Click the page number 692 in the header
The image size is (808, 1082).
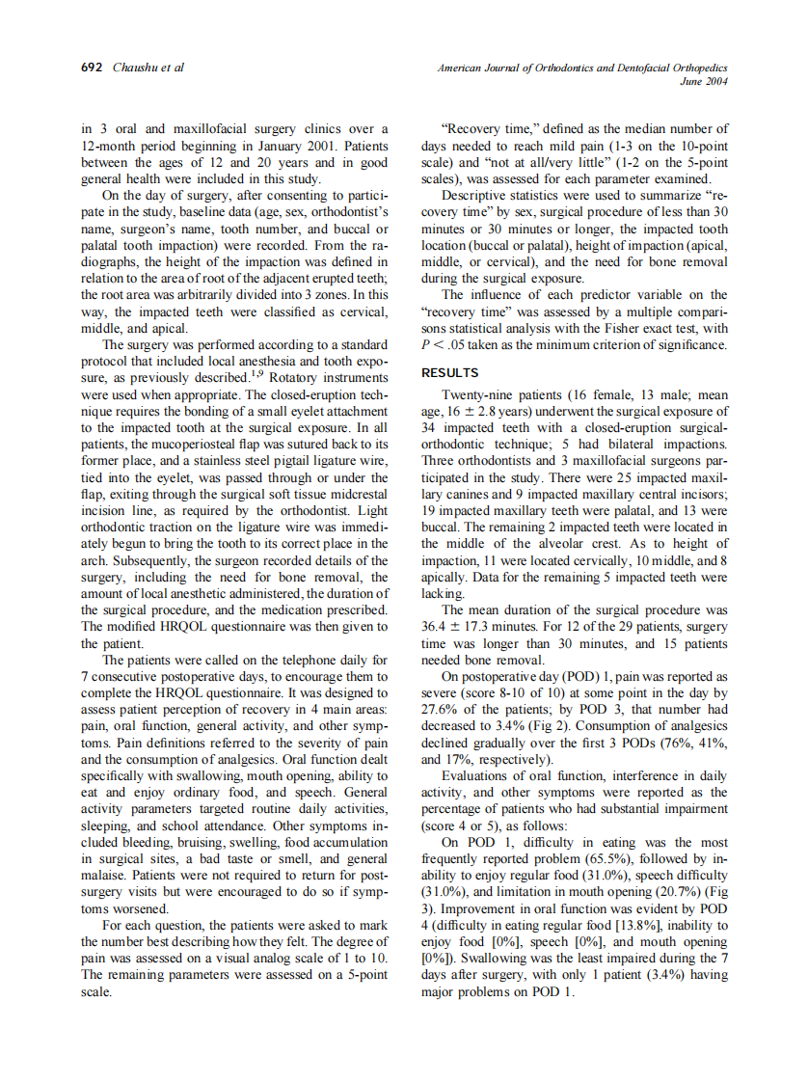coord(91,68)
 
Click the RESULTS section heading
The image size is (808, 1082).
coord(450,372)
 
